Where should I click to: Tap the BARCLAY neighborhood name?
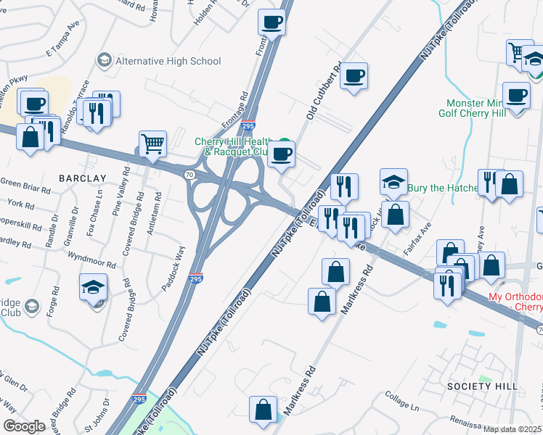(83, 178)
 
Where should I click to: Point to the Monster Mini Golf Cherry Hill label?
(484, 108)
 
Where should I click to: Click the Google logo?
(24, 426)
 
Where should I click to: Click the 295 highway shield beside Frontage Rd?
(248, 125)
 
